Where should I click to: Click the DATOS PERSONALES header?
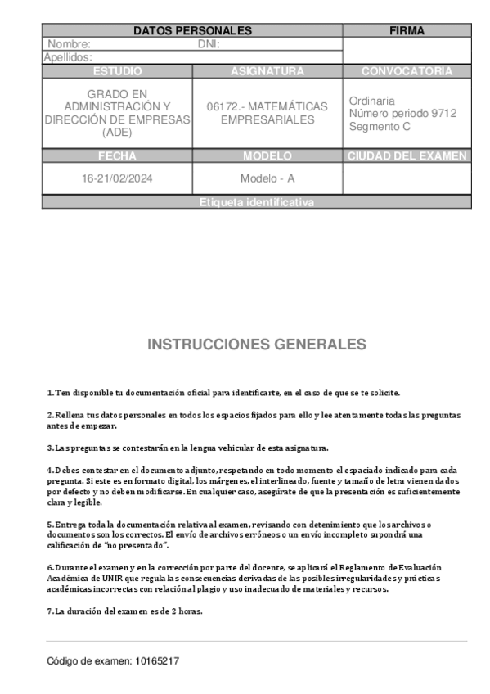(192, 31)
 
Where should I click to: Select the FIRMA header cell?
(407, 31)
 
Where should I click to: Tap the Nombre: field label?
(70, 44)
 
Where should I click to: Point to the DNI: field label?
(209, 44)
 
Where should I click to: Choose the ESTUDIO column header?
(117, 71)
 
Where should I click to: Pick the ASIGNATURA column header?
(267, 71)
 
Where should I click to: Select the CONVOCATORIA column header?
(407, 71)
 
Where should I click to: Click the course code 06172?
(222, 107)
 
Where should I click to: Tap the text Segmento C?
(380, 127)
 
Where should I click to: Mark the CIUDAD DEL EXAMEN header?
(407, 155)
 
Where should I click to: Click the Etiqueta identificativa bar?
(256, 202)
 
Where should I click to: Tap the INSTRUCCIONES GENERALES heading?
(256, 344)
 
